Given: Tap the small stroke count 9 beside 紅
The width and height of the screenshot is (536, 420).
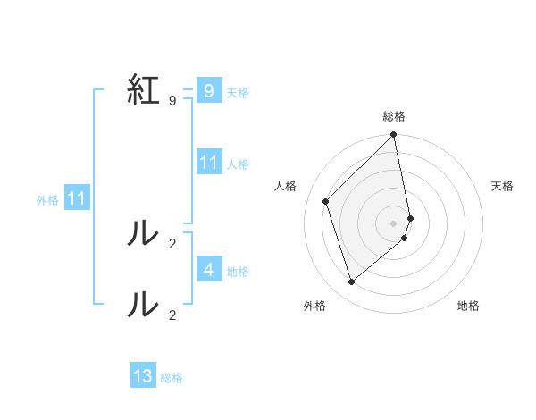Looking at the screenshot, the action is (172, 101).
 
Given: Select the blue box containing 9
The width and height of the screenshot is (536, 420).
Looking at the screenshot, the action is (208, 91).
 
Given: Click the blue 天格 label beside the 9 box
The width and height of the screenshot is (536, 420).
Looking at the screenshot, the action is (238, 92).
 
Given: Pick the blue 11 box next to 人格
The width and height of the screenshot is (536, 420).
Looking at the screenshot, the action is (208, 163).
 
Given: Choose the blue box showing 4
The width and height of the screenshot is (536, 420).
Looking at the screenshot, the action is (208, 269).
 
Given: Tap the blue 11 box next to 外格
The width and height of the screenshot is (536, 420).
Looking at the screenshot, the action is (76, 198).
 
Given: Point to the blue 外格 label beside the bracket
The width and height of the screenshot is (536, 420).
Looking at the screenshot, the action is (47, 200).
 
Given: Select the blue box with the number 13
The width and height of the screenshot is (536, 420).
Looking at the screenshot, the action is (143, 376).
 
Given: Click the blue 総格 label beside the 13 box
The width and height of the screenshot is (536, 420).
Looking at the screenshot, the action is (172, 378).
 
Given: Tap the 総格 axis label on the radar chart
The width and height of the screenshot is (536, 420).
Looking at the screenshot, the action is (394, 116).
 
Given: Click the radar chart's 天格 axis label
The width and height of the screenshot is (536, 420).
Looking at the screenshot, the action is (502, 186).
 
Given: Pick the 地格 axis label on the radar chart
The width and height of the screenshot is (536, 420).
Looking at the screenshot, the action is (468, 306).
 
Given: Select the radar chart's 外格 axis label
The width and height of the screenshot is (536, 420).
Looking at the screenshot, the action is (314, 306).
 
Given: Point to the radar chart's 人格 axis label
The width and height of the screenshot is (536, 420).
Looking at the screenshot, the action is (285, 186).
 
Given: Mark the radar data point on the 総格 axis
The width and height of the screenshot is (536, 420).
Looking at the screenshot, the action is (394, 136).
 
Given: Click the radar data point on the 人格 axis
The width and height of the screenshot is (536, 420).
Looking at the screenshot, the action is (326, 201).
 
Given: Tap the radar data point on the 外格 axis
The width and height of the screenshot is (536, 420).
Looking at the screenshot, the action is (352, 281).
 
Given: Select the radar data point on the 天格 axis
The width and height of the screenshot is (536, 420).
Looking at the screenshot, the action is (410, 218).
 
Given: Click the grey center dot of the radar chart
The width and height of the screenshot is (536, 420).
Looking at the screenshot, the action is (394, 223).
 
